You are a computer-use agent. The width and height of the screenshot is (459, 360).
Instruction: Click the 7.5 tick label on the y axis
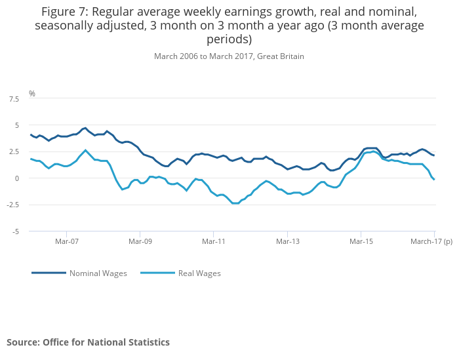(13, 98)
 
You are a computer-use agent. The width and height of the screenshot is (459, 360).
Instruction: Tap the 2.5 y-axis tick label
(13, 151)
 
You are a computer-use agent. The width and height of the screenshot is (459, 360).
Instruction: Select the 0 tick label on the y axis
(16, 178)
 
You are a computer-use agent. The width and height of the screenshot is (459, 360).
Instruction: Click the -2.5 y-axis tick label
(12, 205)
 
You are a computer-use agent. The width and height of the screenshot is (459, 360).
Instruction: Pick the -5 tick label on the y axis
(15, 231)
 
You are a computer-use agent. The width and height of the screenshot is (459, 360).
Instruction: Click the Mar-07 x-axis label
(67, 241)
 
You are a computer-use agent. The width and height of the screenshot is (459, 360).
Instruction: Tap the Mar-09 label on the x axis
(140, 241)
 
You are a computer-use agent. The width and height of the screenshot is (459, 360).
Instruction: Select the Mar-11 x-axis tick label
(214, 241)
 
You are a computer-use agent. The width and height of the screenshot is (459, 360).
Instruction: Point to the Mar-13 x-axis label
(288, 241)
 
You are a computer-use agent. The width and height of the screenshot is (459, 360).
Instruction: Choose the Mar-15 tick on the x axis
(361, 241)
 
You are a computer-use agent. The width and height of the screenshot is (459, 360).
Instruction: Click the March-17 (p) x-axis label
(431, 241)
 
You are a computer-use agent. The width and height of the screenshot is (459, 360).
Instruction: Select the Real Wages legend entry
(199, 273)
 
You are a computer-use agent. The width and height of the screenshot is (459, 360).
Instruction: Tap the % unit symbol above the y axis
(31, 94)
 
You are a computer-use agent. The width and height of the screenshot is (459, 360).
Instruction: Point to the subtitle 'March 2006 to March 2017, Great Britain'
(229, 56)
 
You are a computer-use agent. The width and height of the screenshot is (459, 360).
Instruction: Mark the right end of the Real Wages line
(434, 180)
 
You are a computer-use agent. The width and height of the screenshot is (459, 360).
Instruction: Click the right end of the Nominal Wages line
(434, 155)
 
